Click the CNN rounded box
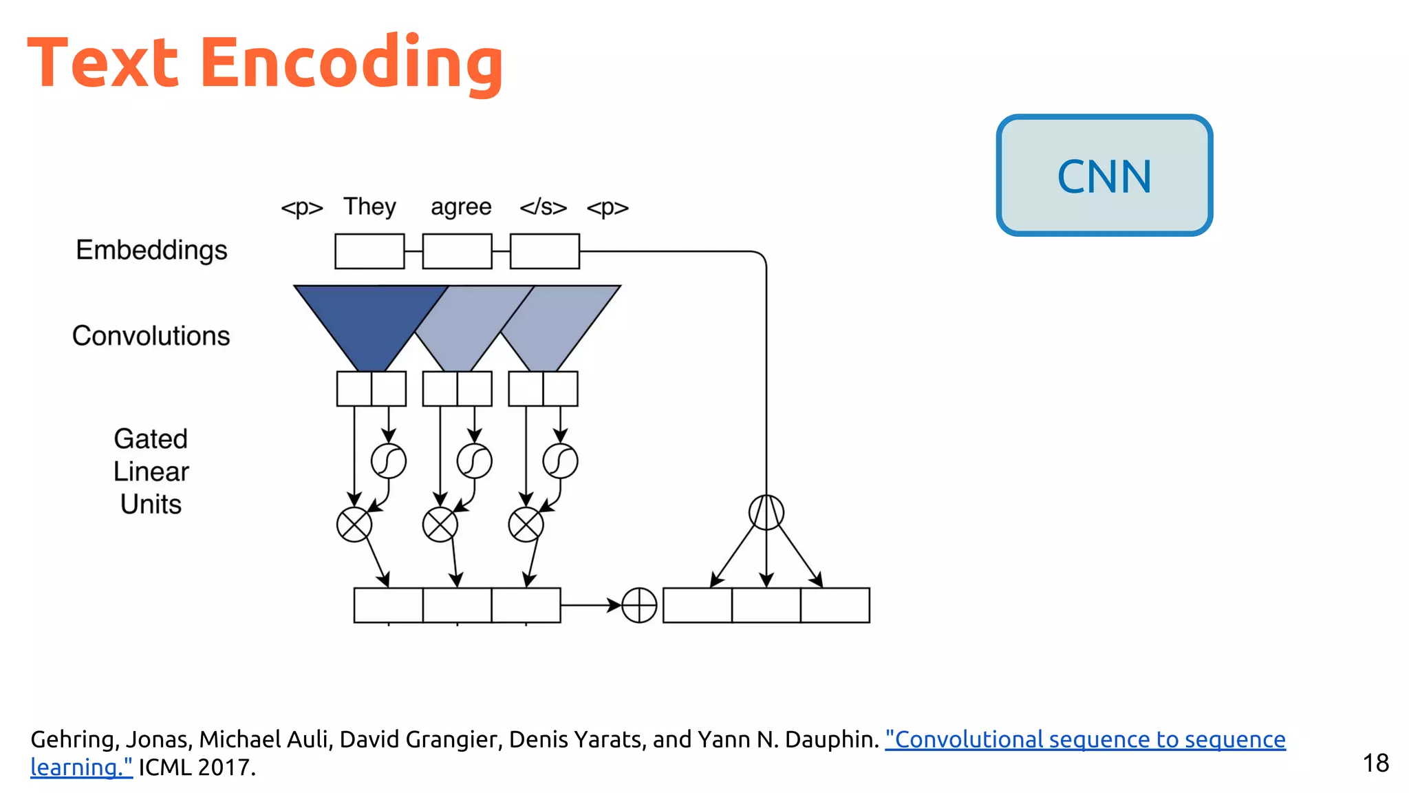pos(1104,176)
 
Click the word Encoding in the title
pos(352,63)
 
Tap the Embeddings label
pos(151,250)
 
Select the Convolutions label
pos(151,336)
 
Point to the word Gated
pos(151,439)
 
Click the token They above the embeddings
pos(369,207)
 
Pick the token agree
pos(461,207)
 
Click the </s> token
pos(543,207)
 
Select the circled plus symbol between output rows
pos(639,605)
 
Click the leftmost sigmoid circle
pos(389,461)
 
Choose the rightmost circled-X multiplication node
pos(526,525)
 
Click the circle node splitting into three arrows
pos(766,512)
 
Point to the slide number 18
pos(1375,763)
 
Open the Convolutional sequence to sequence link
pos(1085,739)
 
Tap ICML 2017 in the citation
pos(197,767)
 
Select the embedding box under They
pos(369,251)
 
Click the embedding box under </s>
pos(544,251)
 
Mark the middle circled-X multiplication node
pos(440,525)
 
